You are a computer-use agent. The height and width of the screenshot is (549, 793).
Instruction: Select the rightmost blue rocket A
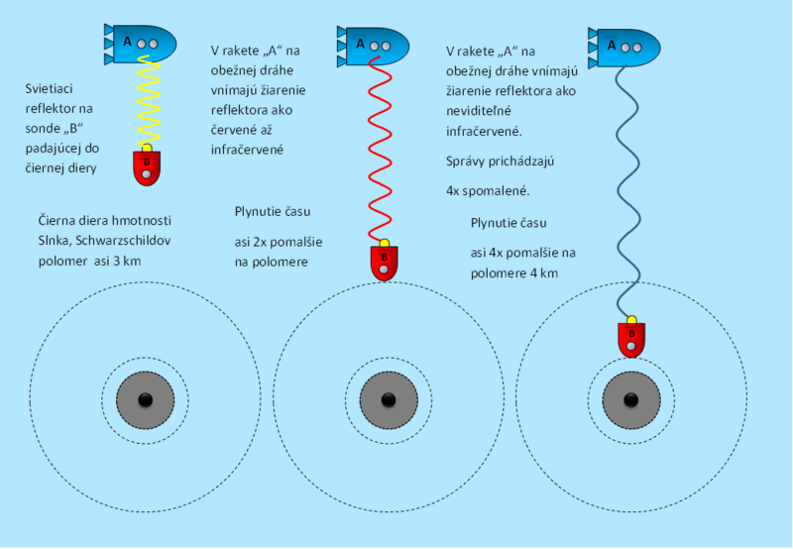[x=625, y=45]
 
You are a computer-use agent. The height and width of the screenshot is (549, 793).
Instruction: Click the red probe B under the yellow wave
[x=147, y=165]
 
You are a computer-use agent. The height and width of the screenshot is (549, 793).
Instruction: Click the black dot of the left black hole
[x=145, y=399]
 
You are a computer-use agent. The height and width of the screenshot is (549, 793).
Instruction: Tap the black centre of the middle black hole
[x=388, y=399]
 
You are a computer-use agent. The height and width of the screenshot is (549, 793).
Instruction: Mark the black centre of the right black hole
[x=630, y=399]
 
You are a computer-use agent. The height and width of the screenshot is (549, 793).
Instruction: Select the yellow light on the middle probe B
[x=384, y=243]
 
